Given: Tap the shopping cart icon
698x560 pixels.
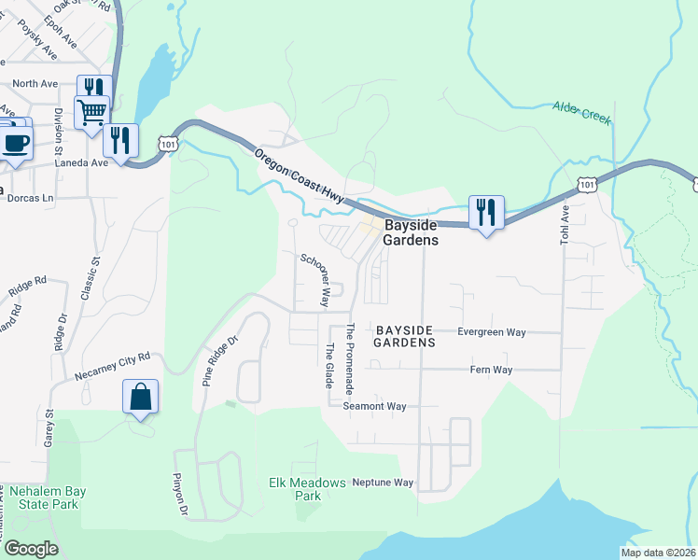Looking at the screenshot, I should [91, 112].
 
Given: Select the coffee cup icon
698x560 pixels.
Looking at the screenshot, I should [14, 143].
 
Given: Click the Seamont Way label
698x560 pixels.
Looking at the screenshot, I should [374, 406].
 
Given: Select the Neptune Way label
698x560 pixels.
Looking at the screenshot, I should [382, 483].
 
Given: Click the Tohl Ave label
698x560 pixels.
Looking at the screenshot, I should [564, 226].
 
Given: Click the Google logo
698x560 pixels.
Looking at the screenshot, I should [31, 549].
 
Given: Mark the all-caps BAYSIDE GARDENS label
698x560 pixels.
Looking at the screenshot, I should [405, 337].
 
